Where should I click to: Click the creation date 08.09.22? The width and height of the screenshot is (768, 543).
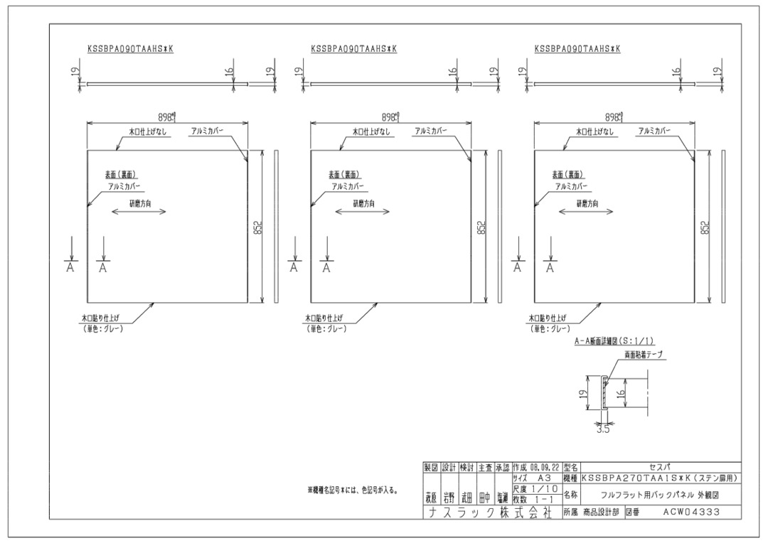pos(535,467)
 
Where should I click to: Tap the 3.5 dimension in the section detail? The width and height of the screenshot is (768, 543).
pos(602,428)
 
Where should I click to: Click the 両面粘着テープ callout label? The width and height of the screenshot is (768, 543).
pos(644,353)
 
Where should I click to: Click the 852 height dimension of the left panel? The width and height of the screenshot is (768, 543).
pos(258,227)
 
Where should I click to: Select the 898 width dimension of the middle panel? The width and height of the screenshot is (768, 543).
pos(390,117)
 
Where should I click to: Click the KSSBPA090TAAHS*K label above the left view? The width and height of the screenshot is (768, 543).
pos(129,49)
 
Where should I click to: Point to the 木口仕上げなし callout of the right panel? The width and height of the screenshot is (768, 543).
pos(596,131)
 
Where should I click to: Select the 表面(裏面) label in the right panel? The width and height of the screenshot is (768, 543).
pos(569,175)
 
